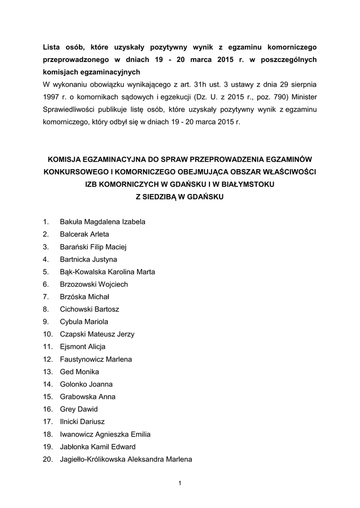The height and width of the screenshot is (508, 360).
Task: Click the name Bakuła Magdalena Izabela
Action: (x=102, y=222)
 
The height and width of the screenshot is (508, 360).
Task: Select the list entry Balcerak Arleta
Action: (x=84, y=234)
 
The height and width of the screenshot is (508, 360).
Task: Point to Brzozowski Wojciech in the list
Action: (x=94, y=284)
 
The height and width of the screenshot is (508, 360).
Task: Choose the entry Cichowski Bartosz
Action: (x=89, y=309)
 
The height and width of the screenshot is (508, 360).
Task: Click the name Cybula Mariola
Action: (x=84, y=321)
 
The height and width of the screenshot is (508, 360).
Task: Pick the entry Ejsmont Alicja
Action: (x=82, y=347)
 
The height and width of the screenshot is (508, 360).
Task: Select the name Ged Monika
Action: (x=79, y=372)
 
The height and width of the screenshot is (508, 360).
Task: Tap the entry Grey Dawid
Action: (x=78, y=409)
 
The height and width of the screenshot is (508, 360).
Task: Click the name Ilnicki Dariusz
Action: (x=82, y=422)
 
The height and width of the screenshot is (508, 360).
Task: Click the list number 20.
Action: (x=48, y=459)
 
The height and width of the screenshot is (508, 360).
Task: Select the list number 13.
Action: (x=48, y=372)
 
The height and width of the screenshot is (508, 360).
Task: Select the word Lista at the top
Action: (x=51, y=47)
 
